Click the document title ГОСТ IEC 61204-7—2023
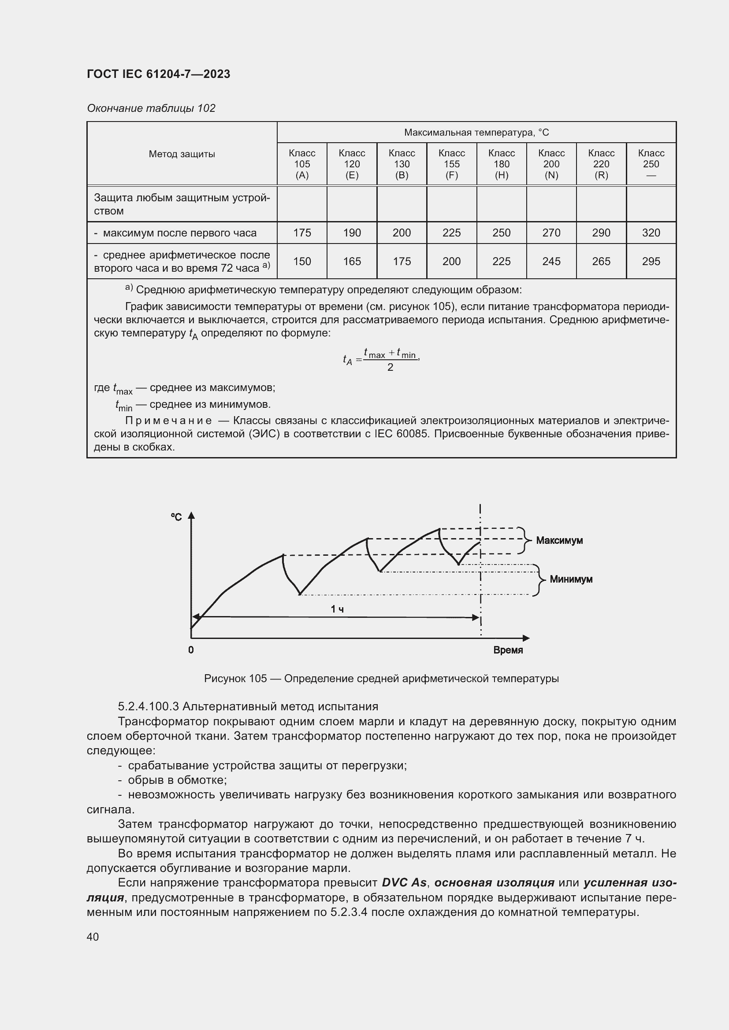click(x=159, y=74)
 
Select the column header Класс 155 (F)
click(x=452, y=164)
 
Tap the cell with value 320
click(x=651, y=233)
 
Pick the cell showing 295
click(x=651, y=261)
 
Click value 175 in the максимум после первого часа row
click(x=302, y=233)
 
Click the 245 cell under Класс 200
click(x=551, y=261)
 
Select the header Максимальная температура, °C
click(x=476, y=133)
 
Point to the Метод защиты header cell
click(x=182, y=154)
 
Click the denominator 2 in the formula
click(x=390, y=367)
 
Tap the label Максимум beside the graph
click(x=559, y=541)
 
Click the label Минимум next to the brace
click(x=571, y=579)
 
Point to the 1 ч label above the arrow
click(x=337, y=609)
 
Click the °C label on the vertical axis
click(x=176, y=517)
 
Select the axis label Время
click(x=508, y=650)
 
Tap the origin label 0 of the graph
click(x=191, y=650)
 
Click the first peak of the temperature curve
click(x=283, y=555)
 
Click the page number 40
click(x=93, y=937)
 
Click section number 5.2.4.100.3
click(x=149, y=706)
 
